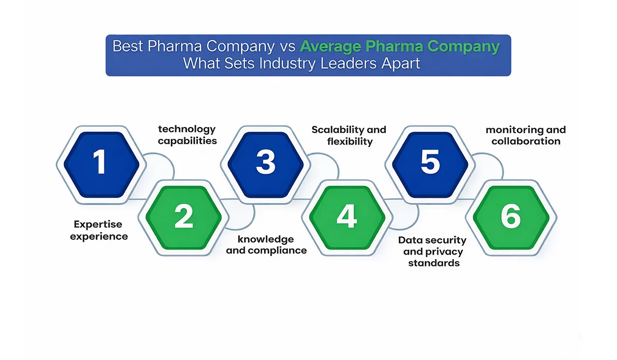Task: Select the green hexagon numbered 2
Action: [184, 217]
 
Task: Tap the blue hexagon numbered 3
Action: [265, 162]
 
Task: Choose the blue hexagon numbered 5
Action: [430, 162]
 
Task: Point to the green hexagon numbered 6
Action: [511, 217]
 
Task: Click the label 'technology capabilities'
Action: [187, 135]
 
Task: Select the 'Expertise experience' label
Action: [99, 230]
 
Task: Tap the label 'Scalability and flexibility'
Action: [349, 135]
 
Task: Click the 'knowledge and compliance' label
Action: [266, 245]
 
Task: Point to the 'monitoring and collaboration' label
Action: [525, 135]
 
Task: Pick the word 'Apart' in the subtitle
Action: [401, 64]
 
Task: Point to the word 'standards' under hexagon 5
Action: [433, 263]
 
